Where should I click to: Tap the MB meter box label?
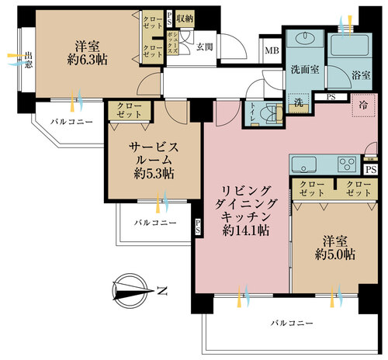(272, 51)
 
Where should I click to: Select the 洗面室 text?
(304, 68)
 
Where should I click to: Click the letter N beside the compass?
(161, 292)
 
